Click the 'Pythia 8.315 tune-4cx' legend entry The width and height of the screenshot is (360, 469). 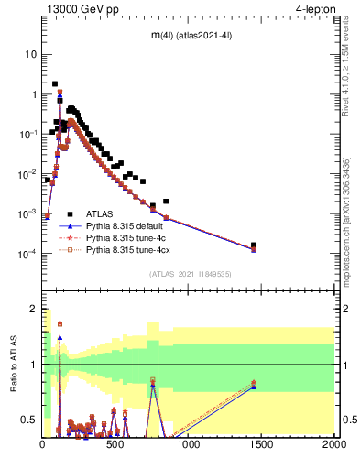pyautogui.click(x=126, y=247)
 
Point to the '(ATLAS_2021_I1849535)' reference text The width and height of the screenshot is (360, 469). pyautogui.click(x=190, y=273)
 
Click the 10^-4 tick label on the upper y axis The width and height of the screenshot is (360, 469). pyautogui.click(x=27, y=255)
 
